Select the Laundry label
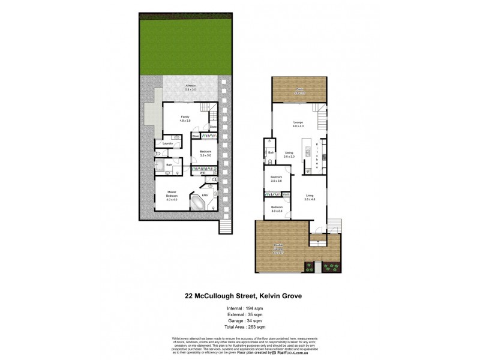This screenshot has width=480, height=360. tap(167, 143)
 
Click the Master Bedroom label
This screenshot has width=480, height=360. tap(172, 194)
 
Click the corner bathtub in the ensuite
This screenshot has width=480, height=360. tap(197, 202)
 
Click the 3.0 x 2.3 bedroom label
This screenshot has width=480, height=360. tap(277, 209)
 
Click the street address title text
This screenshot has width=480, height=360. tap(239, 295)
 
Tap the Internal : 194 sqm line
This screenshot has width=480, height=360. tap(239, 308)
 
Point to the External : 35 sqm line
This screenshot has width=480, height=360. tap(239, 314)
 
